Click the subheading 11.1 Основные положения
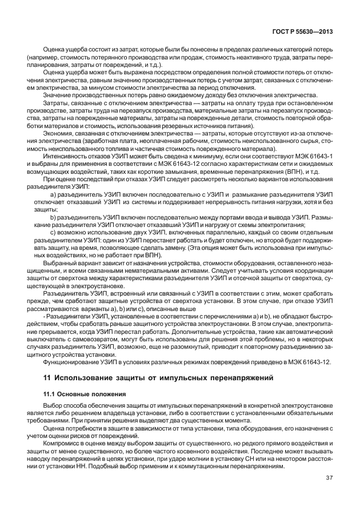[78, 395]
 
